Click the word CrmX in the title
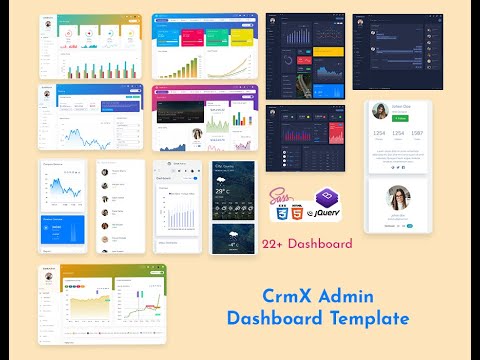point(288,297)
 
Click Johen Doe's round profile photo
point(381,109)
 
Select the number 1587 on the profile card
point(417,133)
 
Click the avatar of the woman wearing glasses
point(398,197)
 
